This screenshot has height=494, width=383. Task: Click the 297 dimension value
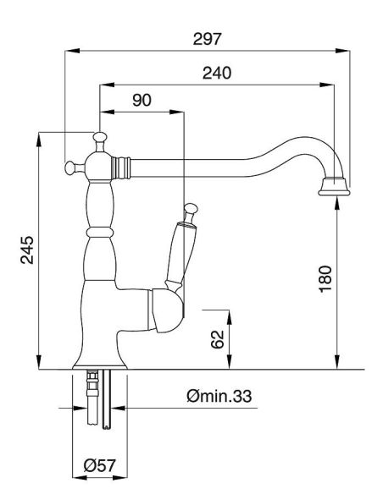point(208,39)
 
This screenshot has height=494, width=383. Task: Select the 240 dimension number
point(217,73)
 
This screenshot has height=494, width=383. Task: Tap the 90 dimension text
point(142,100)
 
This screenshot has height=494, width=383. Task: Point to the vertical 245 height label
point(27,250)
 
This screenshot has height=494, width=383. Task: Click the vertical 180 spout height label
point(326,279)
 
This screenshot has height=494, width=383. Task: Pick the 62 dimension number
point(217,339)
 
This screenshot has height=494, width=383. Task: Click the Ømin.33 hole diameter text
point(219,396)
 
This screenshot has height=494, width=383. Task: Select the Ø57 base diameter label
point(100,465)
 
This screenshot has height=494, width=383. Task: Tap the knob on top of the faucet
point(100,137)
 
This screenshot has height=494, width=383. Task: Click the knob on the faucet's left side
point(70,167)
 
